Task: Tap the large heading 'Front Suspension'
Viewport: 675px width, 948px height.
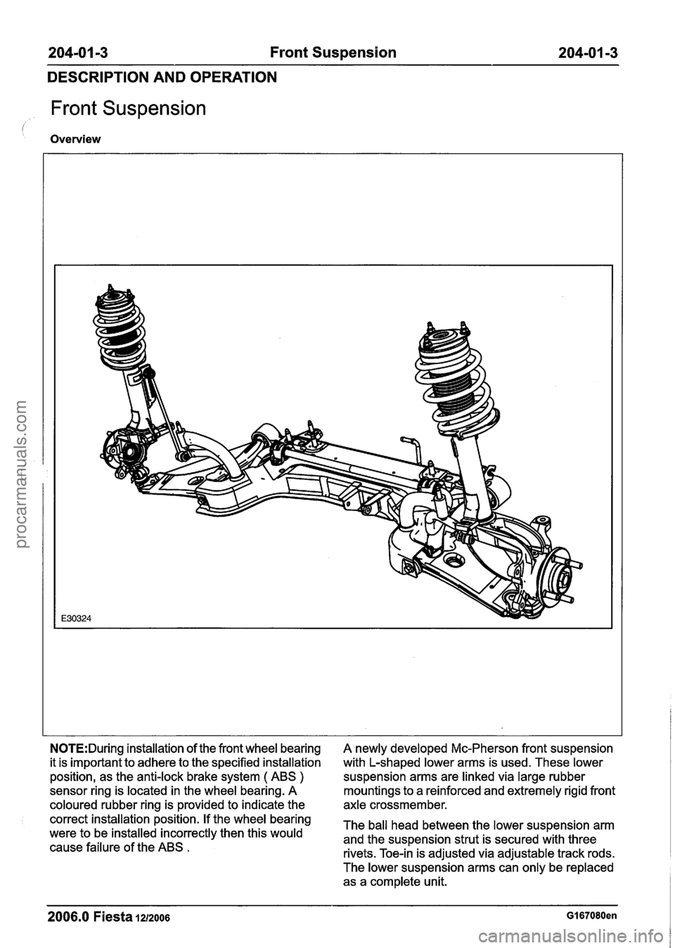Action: coord(128,109)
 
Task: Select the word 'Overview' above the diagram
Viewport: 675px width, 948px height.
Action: coord(75,139)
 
